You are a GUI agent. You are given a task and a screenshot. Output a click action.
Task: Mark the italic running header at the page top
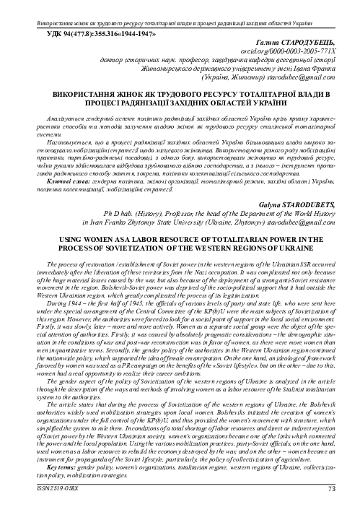click(x=180, y=6)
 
